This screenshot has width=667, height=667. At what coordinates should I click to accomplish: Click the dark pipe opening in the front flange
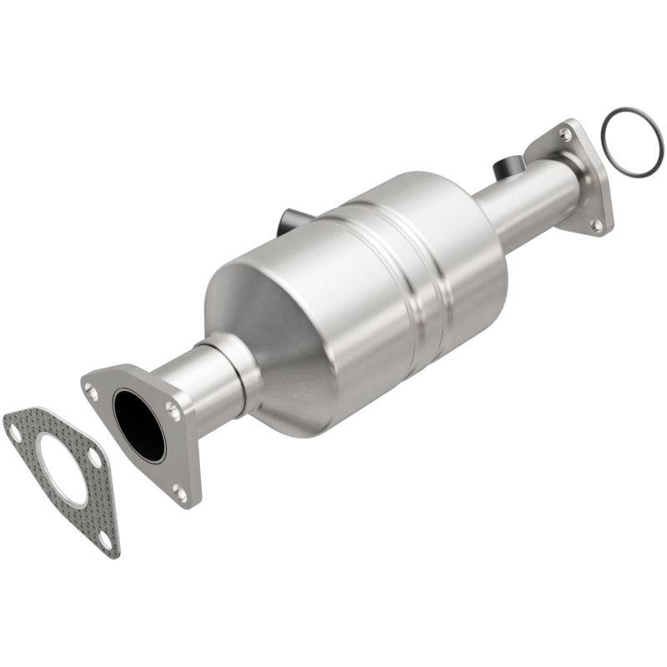coord(139,425)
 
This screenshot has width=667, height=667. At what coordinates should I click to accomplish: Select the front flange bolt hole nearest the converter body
coord(172,409)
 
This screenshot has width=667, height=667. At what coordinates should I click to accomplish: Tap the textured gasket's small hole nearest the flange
coord(95,459)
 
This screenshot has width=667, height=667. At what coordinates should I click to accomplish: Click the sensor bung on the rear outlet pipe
coord(505,168)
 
